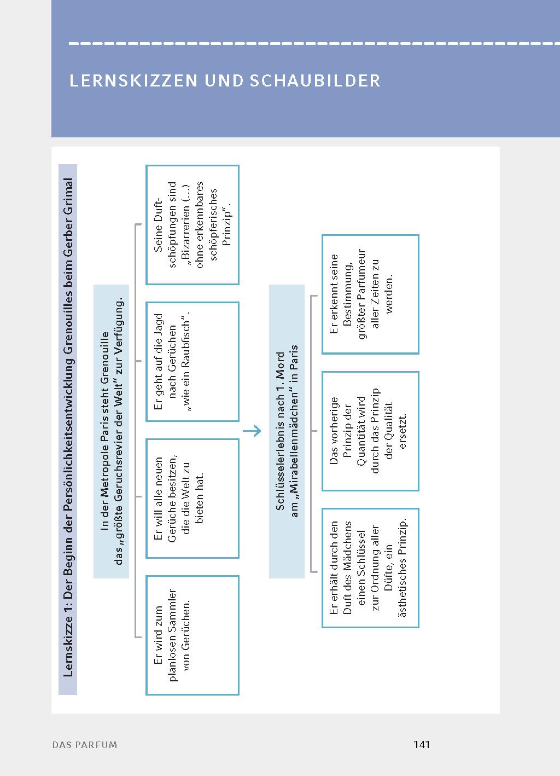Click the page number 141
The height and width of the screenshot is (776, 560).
pyautogui.click(x=422, y=744)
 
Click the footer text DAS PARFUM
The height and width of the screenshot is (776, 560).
pyautogui.click(x=85, y=745)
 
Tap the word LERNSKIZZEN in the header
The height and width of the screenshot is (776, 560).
pyautogui.click(x=133, y=81)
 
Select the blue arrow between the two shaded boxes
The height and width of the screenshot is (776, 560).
pyautogui.click(x=252, y=431)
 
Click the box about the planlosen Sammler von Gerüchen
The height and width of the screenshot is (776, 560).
pyautogui.click(x=192, y=635)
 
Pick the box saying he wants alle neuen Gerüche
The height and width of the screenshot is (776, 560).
pyautogui.click(x=192, y=498)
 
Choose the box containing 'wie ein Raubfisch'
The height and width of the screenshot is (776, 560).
pyautogui.click(x=192, y=361)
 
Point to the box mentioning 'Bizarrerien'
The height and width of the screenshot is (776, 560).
pyautogui.click(x=192, y=224)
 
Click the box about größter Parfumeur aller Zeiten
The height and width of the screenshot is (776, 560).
pyautogui.click(x=370, y=294)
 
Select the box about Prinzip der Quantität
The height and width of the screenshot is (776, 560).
pyautogui.click(x=370, y=431)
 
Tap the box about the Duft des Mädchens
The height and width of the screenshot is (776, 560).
pyautogui.click(x=370, y=567)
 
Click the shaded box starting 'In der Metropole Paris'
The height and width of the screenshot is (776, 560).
pyautogui.click(x=112, y=431)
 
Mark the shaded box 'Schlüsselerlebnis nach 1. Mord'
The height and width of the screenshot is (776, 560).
pyautogui.click(x=287, y=431)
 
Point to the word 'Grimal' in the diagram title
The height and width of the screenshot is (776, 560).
pyautogui.click(x=68, y=195)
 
